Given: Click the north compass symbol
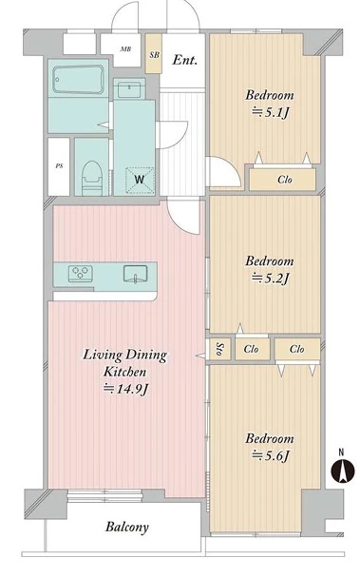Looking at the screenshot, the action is point(343,470).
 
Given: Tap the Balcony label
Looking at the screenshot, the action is point(127,527).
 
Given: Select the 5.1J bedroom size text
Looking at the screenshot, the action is point(271,112).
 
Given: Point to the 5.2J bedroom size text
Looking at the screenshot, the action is point(271,278).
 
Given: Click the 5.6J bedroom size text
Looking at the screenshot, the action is point(271,455).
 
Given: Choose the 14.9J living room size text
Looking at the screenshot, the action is point(125,389).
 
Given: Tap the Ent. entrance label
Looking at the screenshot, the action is point(184,60).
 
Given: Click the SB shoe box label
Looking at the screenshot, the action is point(155,55).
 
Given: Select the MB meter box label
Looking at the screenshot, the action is point(125,48).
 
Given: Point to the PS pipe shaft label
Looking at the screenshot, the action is point(59,166).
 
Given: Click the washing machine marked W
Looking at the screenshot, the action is point(140,180).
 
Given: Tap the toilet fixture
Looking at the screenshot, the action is point(91,178).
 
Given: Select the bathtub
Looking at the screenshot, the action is point(78,80).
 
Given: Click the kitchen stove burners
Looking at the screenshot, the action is point(80,274).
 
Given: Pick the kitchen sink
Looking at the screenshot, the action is point(135,274).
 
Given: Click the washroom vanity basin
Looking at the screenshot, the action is point(129,89).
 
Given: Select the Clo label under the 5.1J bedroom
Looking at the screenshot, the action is point(285,180).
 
